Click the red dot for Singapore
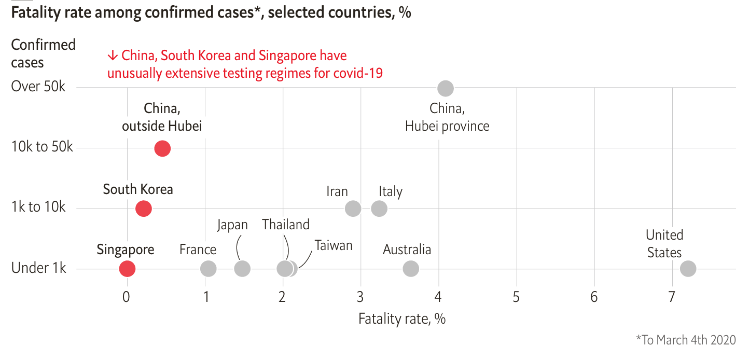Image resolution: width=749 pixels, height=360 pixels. tap(127, 269)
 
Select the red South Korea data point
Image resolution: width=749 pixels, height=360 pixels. tap(143, 209)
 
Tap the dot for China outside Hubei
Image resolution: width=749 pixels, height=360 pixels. tap(162, 148)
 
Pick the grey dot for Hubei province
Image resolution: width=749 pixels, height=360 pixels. tap(445, 88)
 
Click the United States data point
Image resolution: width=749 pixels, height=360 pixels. tap(687, 269)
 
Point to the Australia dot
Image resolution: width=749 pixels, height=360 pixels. tap(410, 269)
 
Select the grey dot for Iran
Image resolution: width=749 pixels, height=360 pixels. tap(353, 209)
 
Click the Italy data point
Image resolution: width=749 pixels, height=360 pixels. tap(379, 209)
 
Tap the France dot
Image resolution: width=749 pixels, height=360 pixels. tap(208, 269)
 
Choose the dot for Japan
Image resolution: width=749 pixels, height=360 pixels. tap(242, 269)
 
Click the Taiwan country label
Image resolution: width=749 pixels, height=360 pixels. tap(334, 245)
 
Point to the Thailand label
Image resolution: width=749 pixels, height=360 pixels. tap(286, 225)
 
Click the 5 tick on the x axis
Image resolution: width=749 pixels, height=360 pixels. tap(517, 297)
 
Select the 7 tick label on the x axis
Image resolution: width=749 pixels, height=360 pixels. tap(672, 297)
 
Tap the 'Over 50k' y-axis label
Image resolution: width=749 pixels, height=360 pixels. tap(38, 87)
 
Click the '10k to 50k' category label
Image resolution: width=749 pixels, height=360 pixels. tap(43, 147)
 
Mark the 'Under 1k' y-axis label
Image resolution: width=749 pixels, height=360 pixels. tap(39, 269)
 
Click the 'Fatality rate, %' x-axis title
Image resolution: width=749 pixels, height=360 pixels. tap(402, 319)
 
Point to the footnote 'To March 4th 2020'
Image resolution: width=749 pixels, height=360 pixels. tap(686, 340)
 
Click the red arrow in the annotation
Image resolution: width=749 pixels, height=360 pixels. tap(113, 56)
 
